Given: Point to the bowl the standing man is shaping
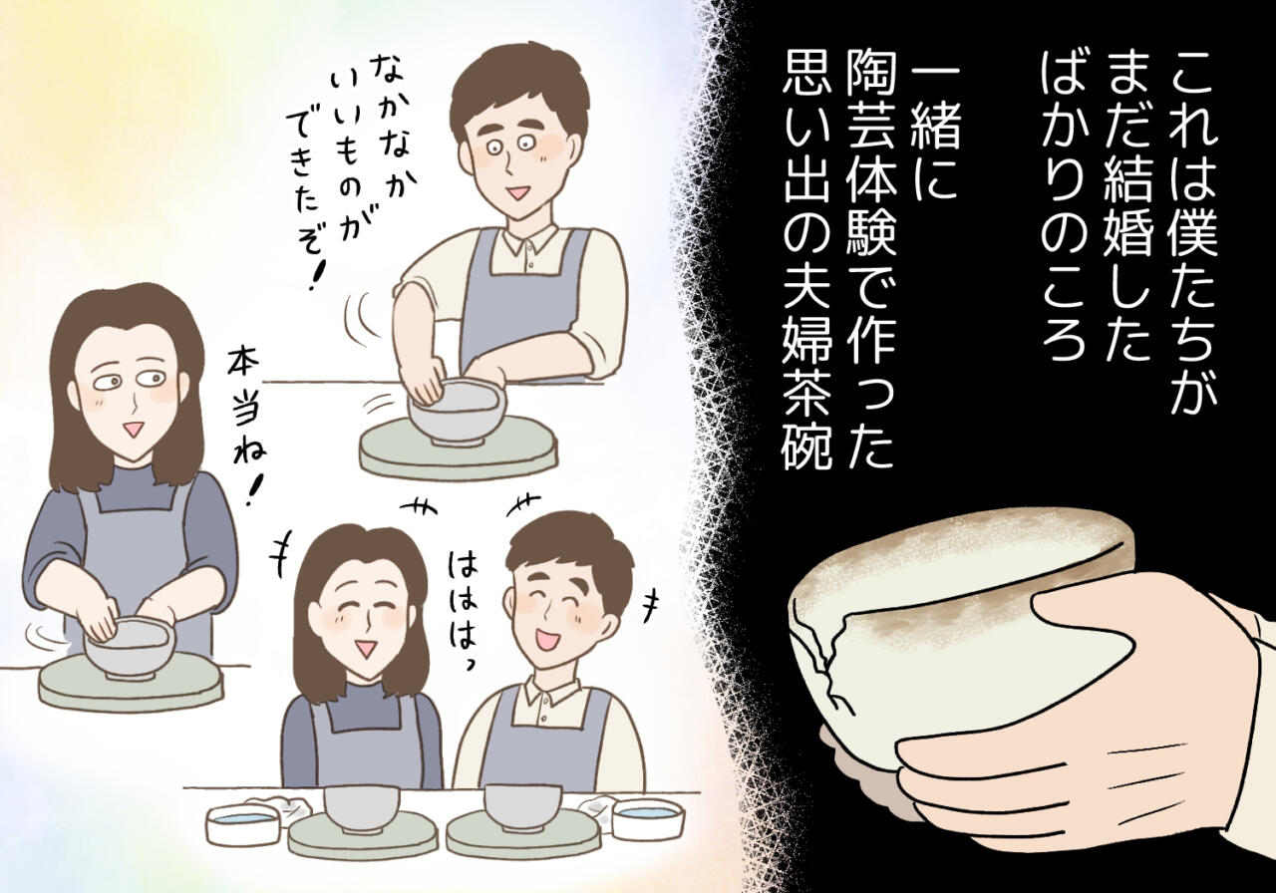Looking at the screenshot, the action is click(457, 413).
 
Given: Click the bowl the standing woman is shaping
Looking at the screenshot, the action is click(129, 648).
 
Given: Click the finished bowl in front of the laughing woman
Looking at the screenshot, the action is click(362, 808).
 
